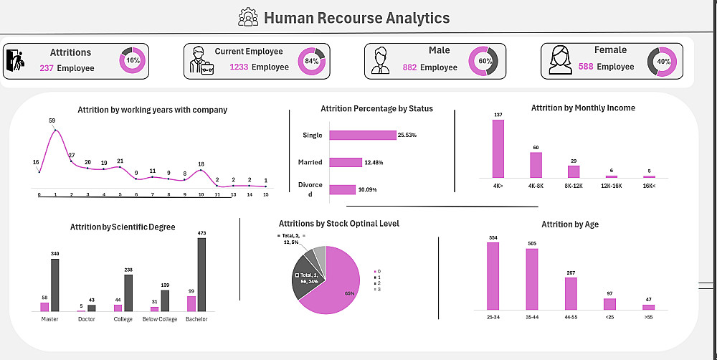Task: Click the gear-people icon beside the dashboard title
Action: click(x=248, y=17)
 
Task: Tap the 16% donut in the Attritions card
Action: click(x=133, y=61)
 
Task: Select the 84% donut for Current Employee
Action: click(x=311, y=61)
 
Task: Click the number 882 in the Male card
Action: click(x=409, y=67)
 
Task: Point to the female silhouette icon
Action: click(x=560, y=60)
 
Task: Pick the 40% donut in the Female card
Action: click(x=663, y=62)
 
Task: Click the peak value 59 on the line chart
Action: click(x=52, y=120)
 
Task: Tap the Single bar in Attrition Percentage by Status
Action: click(x=363, y=135)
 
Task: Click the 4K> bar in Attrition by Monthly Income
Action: click(x=498, y=148)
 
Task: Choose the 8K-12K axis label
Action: click(x=573, y=186)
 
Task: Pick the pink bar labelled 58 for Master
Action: click(x=44, y=306)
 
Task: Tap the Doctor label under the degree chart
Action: click(x=86, y=319)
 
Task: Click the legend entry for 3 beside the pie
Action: click(x=377, y=289)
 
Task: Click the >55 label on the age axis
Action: click(x=649, y=317)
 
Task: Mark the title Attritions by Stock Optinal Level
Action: click(x=338, y=224)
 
